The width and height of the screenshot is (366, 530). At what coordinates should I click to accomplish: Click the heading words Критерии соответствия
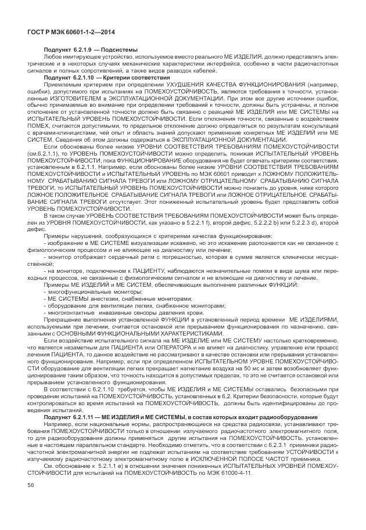point(141,77)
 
